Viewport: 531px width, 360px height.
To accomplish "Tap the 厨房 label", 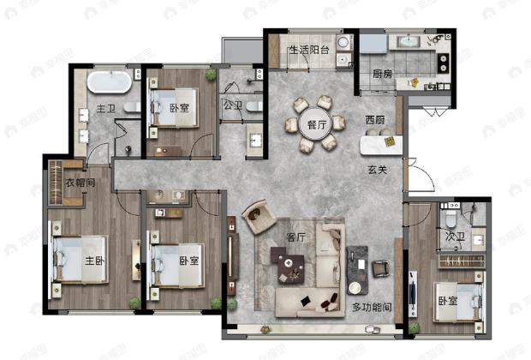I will click(x=382, y=75).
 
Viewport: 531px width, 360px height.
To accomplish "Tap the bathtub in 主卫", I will click(x=109, y=83).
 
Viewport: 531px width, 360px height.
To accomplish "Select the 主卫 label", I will click(x=105, y=110).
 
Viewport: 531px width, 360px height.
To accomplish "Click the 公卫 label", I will click(x=232, y=106).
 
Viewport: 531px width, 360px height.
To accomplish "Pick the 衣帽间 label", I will click(x=80, y=184).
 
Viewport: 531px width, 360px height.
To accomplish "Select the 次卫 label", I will click(x=454, y=237).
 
